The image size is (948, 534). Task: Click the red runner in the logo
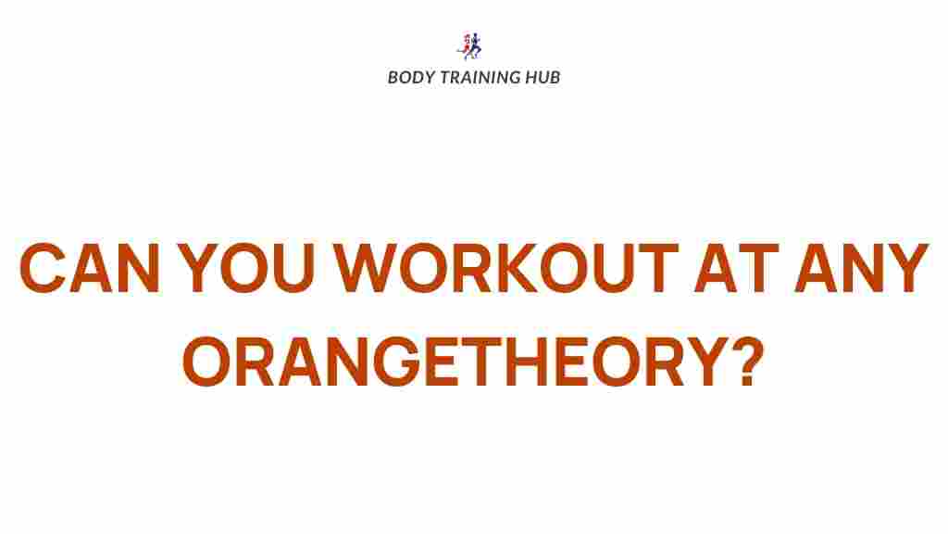466,45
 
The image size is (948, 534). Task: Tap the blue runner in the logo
475,46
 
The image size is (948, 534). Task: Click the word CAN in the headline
90,268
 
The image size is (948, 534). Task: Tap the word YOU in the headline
246,268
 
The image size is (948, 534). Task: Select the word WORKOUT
505,268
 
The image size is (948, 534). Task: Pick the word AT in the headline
736,268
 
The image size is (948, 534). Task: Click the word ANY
861,268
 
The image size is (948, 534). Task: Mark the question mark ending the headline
748,362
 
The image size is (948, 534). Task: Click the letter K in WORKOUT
515,268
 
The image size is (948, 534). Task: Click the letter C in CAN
43,268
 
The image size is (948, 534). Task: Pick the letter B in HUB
554,78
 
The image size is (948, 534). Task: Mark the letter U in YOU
293,268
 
